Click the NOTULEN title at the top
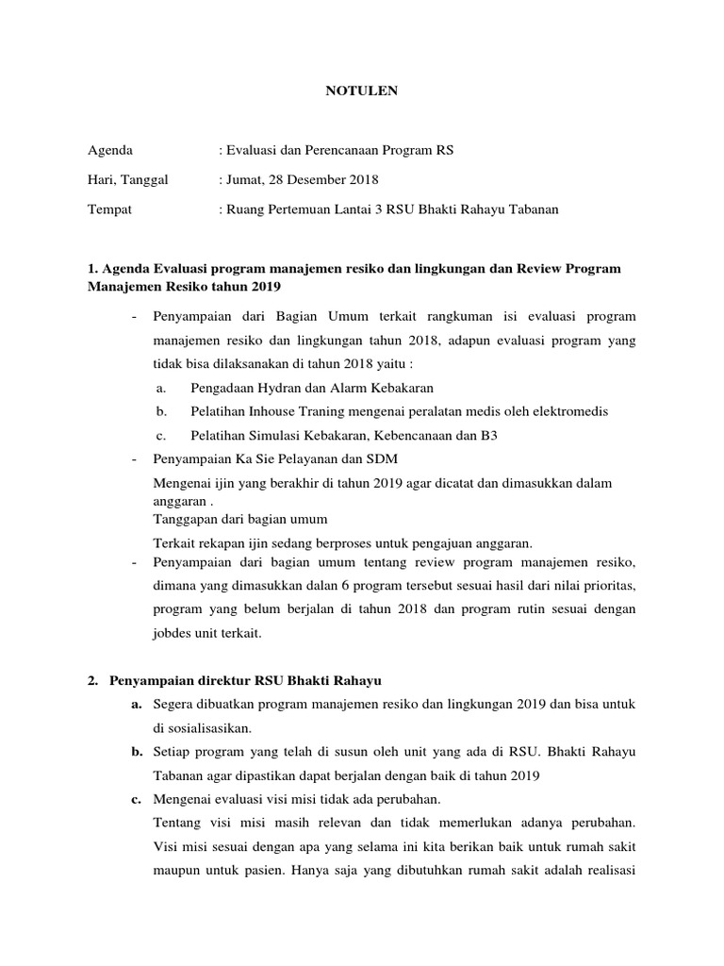point(362,91)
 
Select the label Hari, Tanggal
point(127,179)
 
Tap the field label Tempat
point(109,208)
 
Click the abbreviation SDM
point(384,459)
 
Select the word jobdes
point(173,634)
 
